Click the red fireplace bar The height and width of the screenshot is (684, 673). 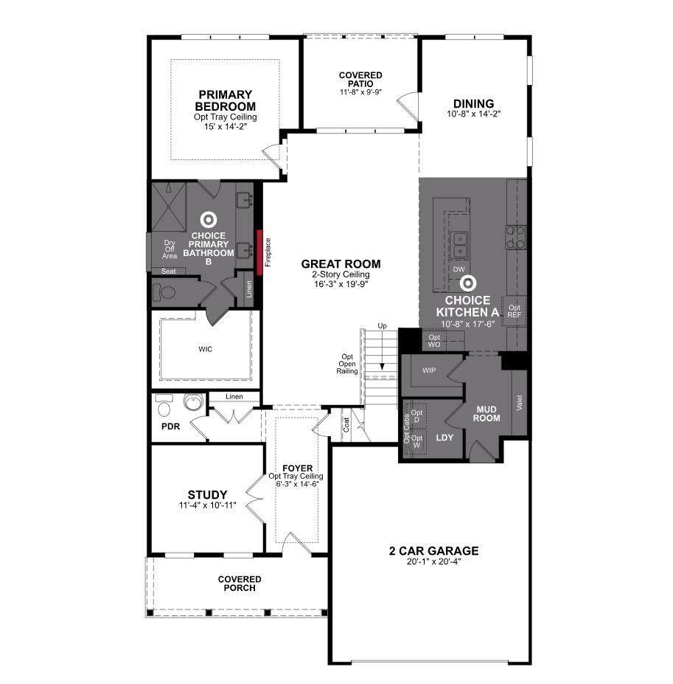tap(259, 252)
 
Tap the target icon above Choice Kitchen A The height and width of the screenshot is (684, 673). tap(467, 283)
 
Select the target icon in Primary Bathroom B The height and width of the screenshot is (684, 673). tap(209, 220)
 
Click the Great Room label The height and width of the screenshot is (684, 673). tap(341, 264)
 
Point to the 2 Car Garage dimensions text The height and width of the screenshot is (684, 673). tap(433, 562)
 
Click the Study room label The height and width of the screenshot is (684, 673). tap(207, 494)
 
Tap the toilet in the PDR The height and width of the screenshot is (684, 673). tap(164, 406)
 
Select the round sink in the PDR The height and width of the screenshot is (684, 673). tap(193, 401)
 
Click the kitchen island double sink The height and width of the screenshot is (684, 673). tap(459, 245)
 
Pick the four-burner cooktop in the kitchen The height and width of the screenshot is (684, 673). tap(516, 237)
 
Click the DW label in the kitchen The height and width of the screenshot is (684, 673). tap(459, 269)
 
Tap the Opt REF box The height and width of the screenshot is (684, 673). tap(515, 311)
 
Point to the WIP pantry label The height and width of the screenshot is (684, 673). tap(429, 370)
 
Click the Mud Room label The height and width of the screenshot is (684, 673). tap(487, 413)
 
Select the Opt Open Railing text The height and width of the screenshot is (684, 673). tap(347, 364)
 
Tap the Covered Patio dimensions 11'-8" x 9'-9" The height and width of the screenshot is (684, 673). tap(361, 92)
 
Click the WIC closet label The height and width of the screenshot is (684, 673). tap(206, 349)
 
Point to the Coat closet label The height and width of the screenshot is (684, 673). tap(346, 425)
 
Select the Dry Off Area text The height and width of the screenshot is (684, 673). tap(170, 249)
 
